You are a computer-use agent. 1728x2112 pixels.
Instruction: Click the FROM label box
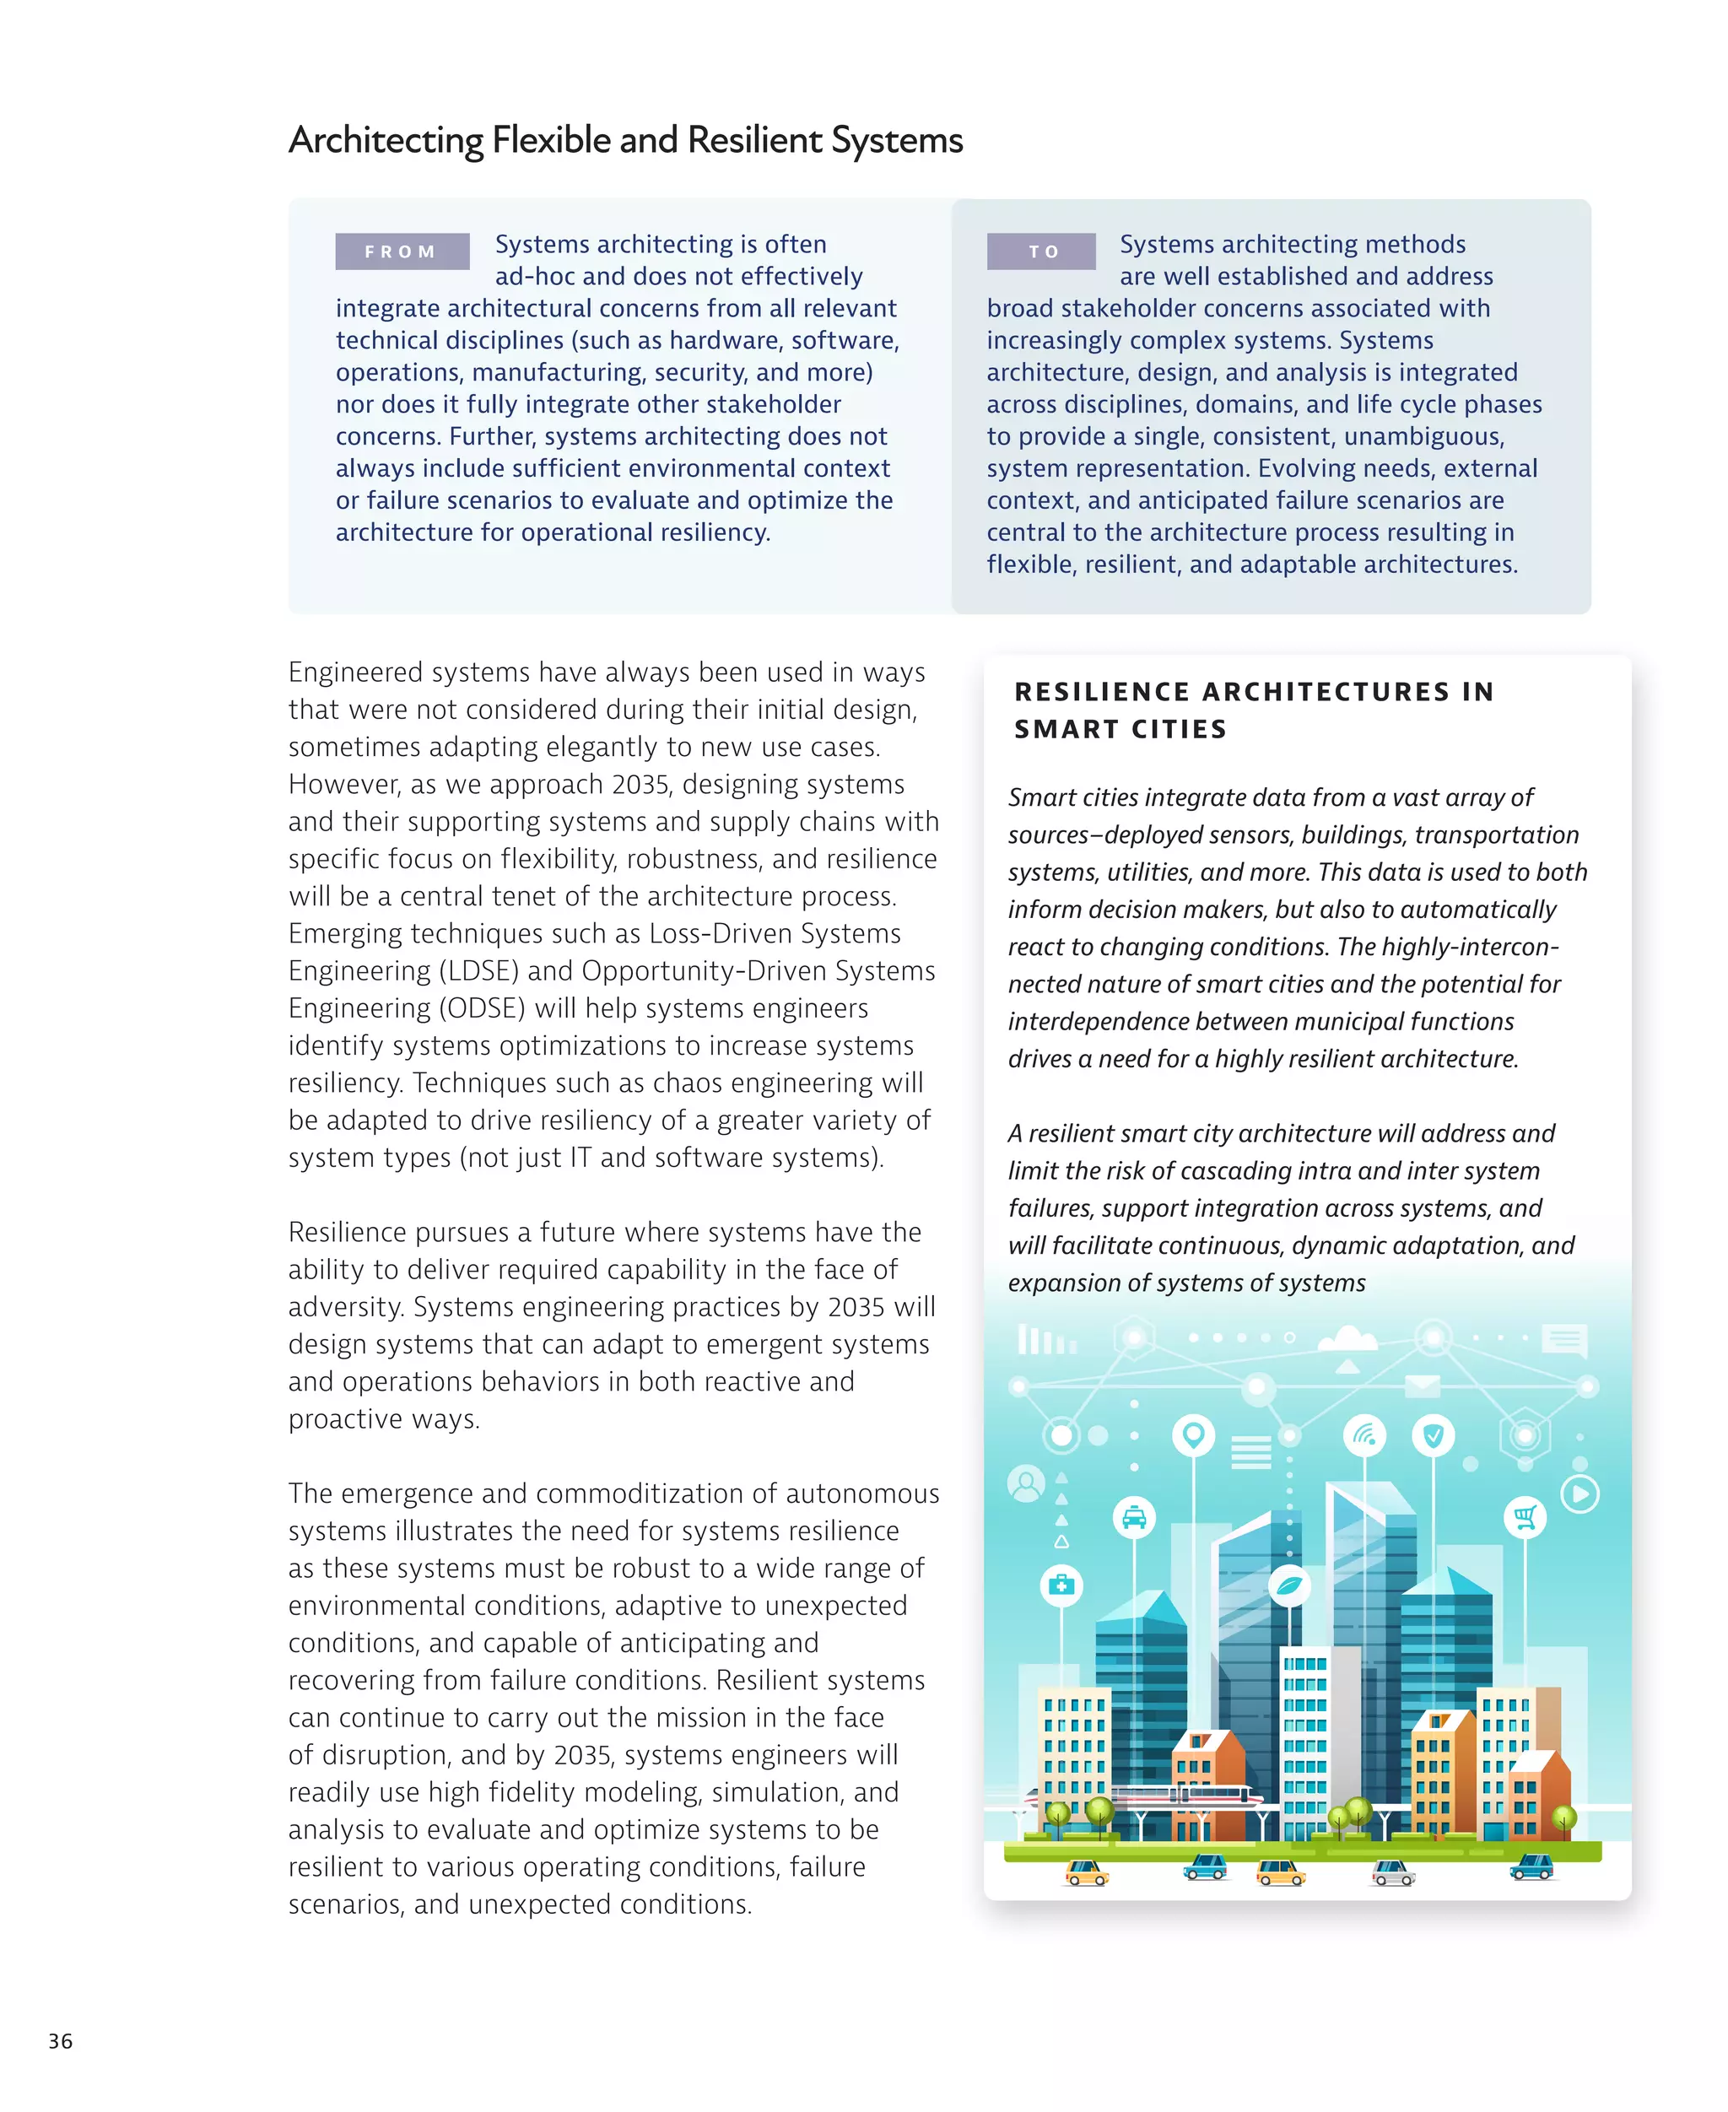click(x=402, y=251)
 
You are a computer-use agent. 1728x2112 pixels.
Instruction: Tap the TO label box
click(x=1041, y=251)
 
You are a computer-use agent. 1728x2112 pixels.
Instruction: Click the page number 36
click(x=61, y=2041)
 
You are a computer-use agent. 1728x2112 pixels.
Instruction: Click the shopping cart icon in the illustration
click(x=1524, y=1517)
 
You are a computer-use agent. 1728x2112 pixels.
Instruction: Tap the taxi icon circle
click(x=1134, y=1518)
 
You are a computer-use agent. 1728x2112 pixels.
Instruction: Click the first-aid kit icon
click(x=1061, y=1585)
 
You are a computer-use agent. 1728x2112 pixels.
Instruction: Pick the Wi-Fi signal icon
click(x=1364, y=1435)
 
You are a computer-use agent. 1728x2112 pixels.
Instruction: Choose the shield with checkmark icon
click(x=1434, y=1435)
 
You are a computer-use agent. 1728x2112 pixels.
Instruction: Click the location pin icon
click(x=1193, y=1435)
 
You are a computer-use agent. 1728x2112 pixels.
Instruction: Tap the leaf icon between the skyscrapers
click(x=1290, y=1585)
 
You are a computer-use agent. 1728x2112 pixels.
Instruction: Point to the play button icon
click(x=1579, y=1493)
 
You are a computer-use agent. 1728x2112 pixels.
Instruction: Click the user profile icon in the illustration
click(x=1025, y=1484)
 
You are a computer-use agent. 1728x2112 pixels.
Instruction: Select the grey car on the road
click(x=1392, y=1873)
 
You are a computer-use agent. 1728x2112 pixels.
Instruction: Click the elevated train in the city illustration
click(x=1185, y=1796)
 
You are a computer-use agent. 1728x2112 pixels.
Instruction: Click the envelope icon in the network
click(x=1423, y=1385)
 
